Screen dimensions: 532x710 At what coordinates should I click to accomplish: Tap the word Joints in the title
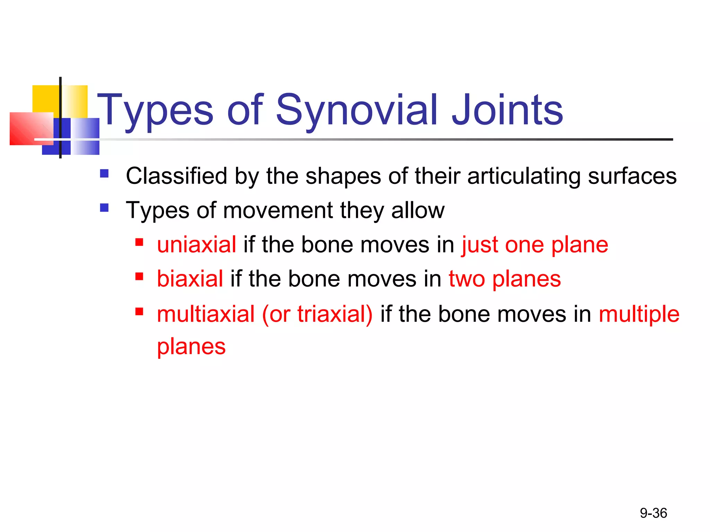pyautogui.click(x=507, y=110)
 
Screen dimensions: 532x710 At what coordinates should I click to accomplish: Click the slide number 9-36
pyautogui.click(x=653, y=513)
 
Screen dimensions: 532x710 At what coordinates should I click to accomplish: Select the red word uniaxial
pyautogui.click(x=197, y=245)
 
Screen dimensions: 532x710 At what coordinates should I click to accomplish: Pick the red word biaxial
pyautogui.click(x=190, y=279)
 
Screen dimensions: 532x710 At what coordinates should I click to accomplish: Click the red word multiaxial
pyautogui.click(x=206, y=314)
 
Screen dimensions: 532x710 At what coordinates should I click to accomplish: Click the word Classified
pyautogui.click(x=176, y=176)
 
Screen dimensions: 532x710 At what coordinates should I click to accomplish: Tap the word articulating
pyautogui.click(x=523, y=176)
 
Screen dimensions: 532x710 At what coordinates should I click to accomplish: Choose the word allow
pyautogui.click(x=418, y=210)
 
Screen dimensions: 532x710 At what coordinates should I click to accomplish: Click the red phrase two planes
pyautogui.click(x=504, y=279)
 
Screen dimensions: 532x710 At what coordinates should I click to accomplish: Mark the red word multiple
pyautogui.click(x=639, y=314)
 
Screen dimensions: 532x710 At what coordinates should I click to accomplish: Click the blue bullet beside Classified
pyautogui.click(x=104, y=173)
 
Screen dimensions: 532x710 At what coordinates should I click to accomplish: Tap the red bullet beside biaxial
pyautogui.click(x=139, y=276)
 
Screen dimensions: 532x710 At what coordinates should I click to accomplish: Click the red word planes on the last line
pyautogui.click(x=191, y=346)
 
